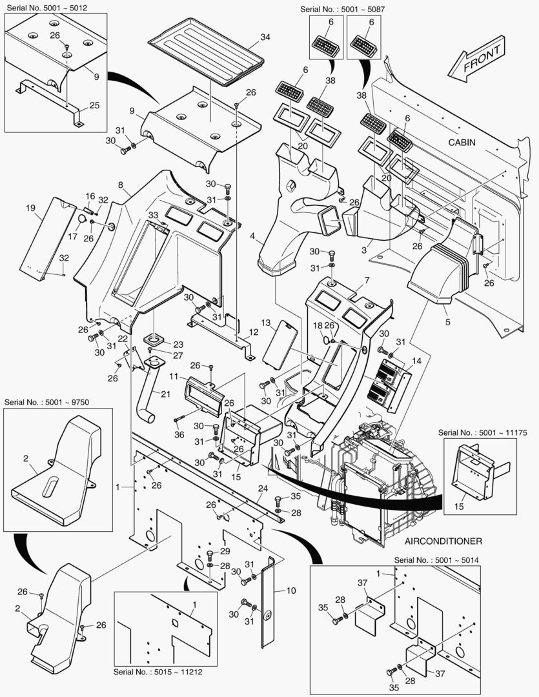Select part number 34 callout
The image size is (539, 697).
[265, 37]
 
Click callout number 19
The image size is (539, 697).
[30, 208]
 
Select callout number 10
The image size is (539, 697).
[290, 590]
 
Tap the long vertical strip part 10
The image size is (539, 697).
[270, 600]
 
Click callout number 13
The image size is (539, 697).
[265, 322]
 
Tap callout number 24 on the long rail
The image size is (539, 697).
[263, 488]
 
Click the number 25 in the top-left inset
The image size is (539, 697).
[94, 105]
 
